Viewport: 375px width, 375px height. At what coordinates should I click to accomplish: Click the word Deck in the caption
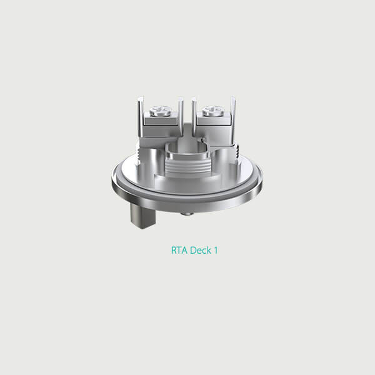[x=199, y=250]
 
